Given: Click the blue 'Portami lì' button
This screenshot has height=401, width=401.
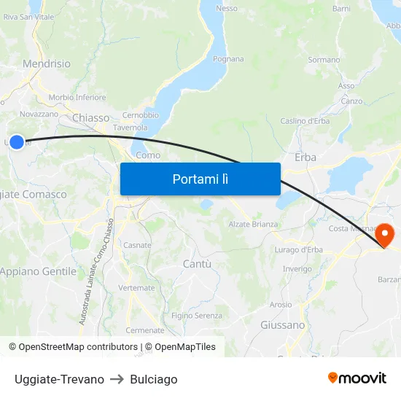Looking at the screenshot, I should click(200, 179).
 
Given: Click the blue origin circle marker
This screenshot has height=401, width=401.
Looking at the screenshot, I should click(16, 142).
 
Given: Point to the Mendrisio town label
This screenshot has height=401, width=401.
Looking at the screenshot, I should click(47, 64).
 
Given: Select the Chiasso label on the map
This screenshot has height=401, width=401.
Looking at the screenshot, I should click(91, 117).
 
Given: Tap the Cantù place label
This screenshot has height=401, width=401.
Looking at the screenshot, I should click(197, 263).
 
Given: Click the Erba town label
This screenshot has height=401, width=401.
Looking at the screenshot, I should click(305, 157).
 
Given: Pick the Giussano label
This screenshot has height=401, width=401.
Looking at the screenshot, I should click(282, 324).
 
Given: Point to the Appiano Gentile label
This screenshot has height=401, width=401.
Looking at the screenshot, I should click(38, 271).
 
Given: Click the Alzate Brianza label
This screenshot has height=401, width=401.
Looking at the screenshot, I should click(253, 225).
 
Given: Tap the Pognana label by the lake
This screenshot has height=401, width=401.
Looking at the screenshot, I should click(228, 59).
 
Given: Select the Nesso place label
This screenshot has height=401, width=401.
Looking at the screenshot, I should click(227, 9).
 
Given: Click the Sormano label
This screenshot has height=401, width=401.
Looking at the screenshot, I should click(324, 60).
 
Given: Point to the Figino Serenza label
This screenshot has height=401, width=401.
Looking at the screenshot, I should click(197, 316).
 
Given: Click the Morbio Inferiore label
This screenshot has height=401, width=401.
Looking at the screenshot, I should click(77, 98).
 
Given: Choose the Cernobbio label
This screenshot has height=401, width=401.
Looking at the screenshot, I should click(141, 115).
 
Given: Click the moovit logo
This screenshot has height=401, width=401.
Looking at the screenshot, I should click(357, 378).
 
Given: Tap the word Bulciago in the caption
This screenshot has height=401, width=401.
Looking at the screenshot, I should click(153, 379).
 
